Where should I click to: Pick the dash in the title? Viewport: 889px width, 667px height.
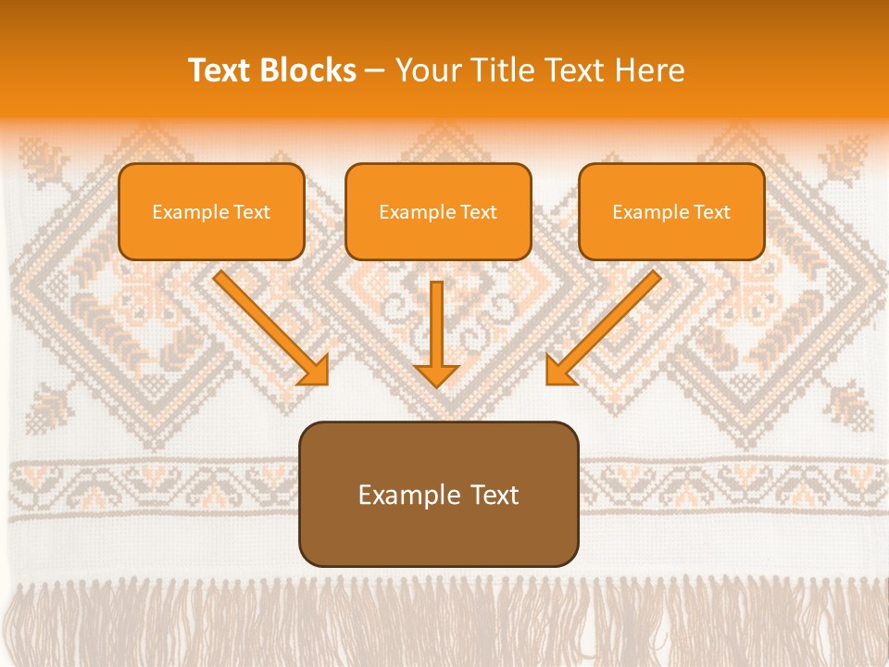[375, 71]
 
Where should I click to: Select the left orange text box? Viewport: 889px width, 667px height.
[211, 211]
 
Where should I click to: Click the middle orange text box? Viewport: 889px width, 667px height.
[438, 211]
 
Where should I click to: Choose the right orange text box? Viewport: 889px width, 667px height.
[671, 211]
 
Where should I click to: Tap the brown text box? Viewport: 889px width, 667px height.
[438, 494]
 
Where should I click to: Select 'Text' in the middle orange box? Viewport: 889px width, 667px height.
[479, 212]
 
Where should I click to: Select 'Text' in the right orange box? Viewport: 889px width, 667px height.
[712, 212]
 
